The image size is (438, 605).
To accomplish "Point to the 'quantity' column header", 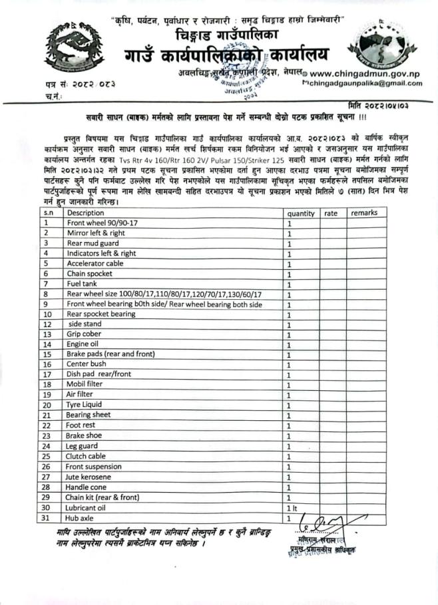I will [x=301, y=213].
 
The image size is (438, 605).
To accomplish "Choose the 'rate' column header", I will [x=331, y=213].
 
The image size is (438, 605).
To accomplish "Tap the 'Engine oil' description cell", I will [x=83, y=344].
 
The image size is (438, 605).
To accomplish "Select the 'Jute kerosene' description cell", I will [x=89, y=477].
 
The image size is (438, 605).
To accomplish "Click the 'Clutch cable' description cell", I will [x=86, y=457].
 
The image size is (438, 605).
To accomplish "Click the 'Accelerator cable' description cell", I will [x=95, y=263].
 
